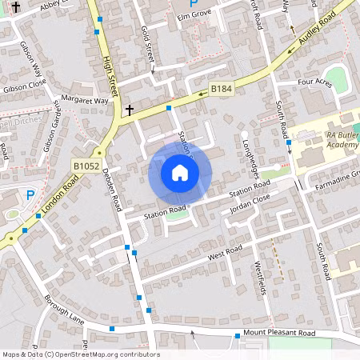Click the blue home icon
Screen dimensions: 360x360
(180, 173)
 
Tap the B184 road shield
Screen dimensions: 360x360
(221, 89)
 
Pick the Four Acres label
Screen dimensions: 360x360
(314, 82)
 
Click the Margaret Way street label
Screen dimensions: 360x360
(90, 102)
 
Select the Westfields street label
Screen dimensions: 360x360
(259, 277)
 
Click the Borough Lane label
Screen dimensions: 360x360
(65, 308)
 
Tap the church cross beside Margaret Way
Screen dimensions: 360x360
(129, 109)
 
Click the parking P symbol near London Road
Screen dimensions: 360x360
(30, 194)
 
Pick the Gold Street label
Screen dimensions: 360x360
(147, 45)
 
